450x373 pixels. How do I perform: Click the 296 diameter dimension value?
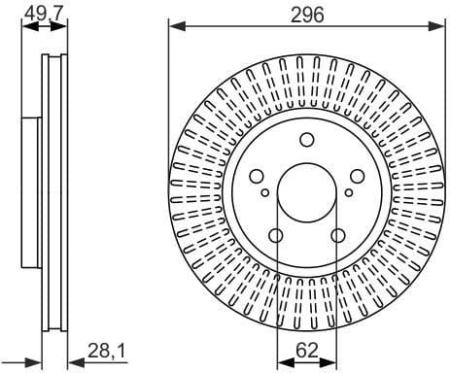click(306, 14)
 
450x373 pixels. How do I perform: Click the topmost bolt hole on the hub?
click(306, 139)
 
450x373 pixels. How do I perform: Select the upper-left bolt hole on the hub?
click(258, 176)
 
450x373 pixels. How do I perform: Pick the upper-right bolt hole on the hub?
click(356, 176)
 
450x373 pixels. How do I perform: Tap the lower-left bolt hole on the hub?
click(276, 234)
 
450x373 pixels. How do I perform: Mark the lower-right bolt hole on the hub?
click(337, 234)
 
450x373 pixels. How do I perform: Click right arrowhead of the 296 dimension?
click(439, 27)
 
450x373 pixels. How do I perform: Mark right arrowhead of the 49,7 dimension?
click(65, 27)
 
